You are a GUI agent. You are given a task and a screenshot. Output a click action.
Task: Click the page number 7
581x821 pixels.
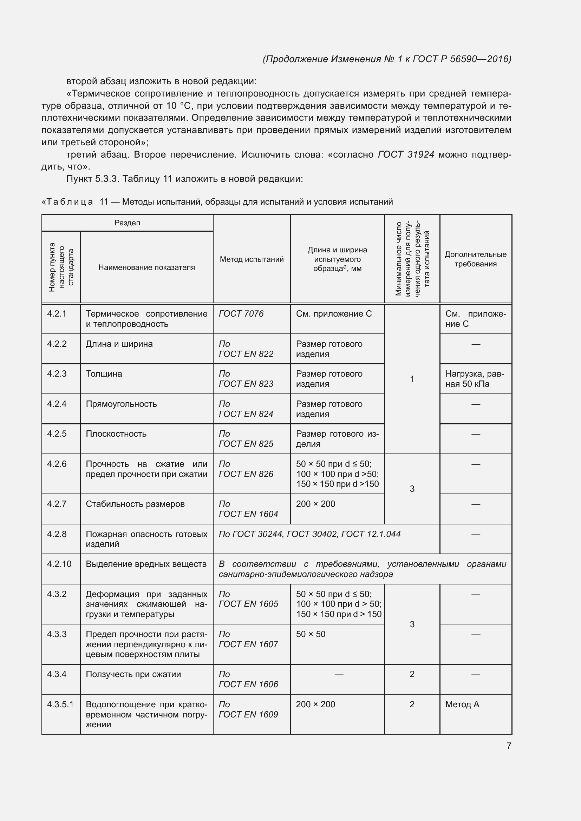click(x=509, y=746)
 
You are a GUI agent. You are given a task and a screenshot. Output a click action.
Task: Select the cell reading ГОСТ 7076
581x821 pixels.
click(x=241, y=313)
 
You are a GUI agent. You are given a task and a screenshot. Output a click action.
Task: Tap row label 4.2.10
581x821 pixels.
click(x=59, y=564)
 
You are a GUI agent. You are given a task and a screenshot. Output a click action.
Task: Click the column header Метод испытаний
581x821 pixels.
click(x=252, y=259)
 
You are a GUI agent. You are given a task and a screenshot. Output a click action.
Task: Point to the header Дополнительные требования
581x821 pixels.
click(x=476, y=259)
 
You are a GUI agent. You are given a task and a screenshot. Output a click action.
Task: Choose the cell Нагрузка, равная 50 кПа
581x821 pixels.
click(x=474, y=379)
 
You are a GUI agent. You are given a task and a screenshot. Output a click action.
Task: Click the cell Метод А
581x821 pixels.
click(x=462, y=704)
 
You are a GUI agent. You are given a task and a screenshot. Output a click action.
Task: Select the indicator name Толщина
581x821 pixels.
click(x=104, y=374)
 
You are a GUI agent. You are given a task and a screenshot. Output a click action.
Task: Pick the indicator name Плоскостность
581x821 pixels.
click(x=116, y=434)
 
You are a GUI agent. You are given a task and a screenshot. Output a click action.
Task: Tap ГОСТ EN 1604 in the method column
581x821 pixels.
click(x=248, y=514)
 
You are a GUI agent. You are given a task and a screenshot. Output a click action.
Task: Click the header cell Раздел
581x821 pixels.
click(x=127, y=223)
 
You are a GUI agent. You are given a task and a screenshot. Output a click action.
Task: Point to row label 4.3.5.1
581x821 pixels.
click(x=60, y=704)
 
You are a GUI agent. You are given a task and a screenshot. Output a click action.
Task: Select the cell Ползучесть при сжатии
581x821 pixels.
click(x=133, y=674)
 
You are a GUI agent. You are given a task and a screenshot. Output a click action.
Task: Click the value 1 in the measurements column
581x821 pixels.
click(x=412, y=379)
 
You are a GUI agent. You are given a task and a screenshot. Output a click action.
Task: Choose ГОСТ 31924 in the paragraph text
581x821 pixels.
click(x=406, y=154)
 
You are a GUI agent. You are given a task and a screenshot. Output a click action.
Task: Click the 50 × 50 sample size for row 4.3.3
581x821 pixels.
click(x=311, y=634)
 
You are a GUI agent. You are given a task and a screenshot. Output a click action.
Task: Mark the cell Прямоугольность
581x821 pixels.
click(x=121, y=404)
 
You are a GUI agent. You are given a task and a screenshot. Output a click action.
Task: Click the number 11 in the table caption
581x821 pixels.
click(x=104, y=202)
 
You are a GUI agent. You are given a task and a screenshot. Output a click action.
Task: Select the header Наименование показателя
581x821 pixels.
click(x=146, y=267)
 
